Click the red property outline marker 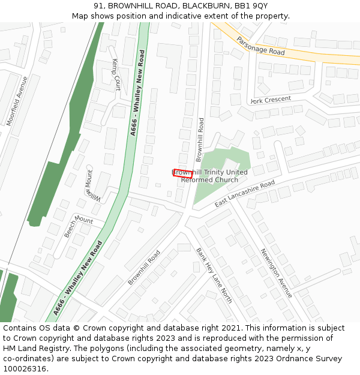click(183, 174)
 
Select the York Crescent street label click(271, 100)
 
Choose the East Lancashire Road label click(244, 194)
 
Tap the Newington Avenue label click(276, 273)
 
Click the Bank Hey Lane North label click(214, 275)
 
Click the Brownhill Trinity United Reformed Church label click(210, 176)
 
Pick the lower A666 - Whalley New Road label click(77, 278)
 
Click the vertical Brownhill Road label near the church click(200, 140)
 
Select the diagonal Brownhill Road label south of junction click(144, 267)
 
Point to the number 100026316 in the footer click(25, 369)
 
